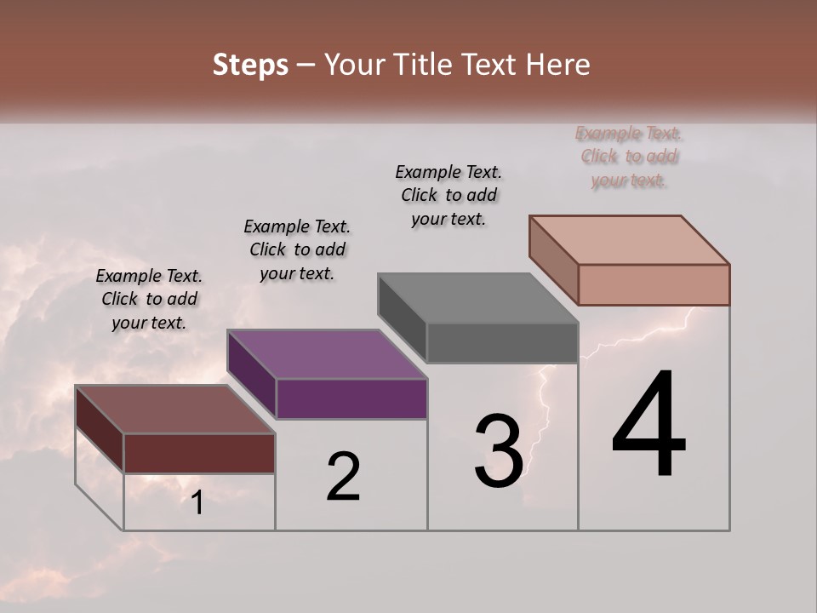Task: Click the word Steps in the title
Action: click(250, 65)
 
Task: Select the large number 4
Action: click(648, 426)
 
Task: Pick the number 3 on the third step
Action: click(499, 451)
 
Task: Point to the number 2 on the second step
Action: click(343, 477)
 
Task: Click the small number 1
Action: click(197, 503)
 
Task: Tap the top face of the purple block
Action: click(327, 353)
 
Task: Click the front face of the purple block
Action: click(351, 398)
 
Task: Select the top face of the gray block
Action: click(478, 298)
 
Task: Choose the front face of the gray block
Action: click(502, 342)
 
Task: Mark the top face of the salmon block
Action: click(630, 239)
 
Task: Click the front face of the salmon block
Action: click(654, 284)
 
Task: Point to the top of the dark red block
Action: click(174, 409)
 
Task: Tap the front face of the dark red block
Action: click(199, 453)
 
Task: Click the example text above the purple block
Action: click(297, 249)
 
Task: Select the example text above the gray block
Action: click(448, 195)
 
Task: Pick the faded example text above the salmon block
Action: click(629, 157)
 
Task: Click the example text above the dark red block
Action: click(149, 299)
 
